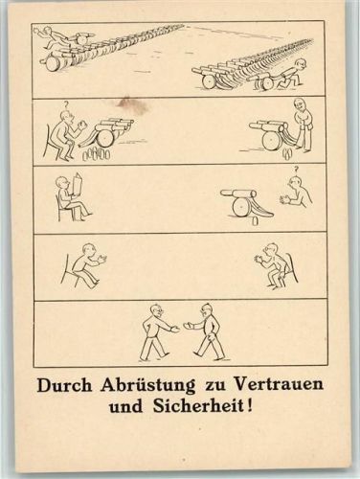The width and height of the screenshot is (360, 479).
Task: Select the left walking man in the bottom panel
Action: (153, 331)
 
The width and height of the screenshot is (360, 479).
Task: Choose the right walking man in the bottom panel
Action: (208, 331)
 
